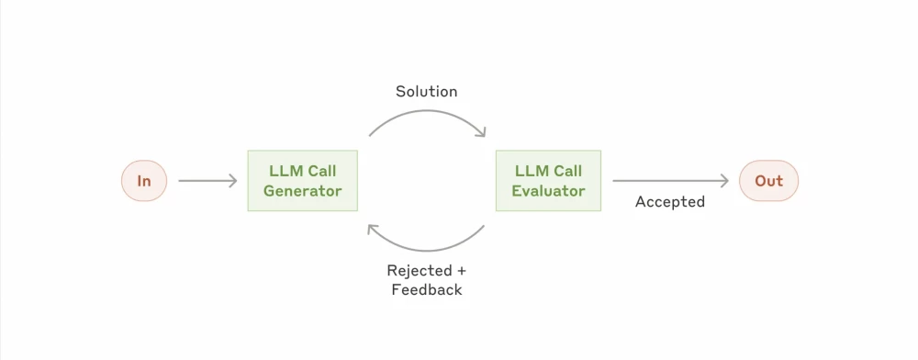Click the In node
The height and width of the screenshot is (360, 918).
coord(144,181)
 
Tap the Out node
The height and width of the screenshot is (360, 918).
coord(768,181)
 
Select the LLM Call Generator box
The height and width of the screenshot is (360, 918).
coord(302,181)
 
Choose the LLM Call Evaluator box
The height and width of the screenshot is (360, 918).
coord(548,181)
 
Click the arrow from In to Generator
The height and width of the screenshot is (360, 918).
coord(207,181)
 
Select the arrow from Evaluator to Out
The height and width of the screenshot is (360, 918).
coord(670,181)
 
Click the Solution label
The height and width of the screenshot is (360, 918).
coord(426,91)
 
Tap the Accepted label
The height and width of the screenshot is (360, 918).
coord(669,202)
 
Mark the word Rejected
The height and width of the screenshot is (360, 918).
coord(419,271)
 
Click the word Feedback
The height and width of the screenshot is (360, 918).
coord(426,289)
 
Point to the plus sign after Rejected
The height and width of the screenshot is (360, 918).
coord(461,271)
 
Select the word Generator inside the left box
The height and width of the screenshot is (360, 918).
coord(302,191)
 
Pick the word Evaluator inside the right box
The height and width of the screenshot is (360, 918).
coord(548,191)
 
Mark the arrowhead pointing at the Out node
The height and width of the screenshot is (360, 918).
coord(724,181)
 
